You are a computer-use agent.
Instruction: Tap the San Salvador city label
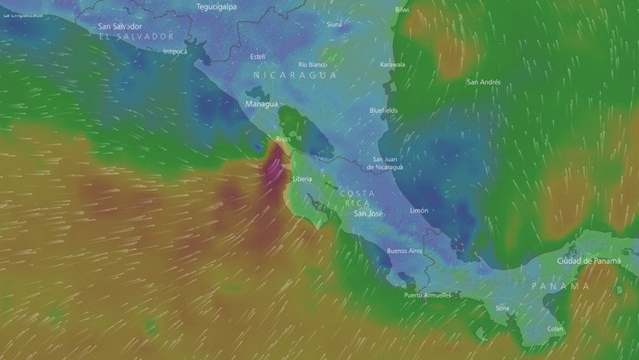(x=120, y=26)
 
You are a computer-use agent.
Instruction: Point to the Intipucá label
(x=175, y=51)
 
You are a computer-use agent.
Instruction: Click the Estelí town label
(x=257, y=56)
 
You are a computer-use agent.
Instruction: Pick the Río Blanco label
(x=312, y=64)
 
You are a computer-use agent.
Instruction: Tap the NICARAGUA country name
(x=295, y=76)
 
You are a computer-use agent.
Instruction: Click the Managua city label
(x=261, y=103)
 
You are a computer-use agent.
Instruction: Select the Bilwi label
(x=402, y=9)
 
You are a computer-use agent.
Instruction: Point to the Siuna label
(x=333, y=24)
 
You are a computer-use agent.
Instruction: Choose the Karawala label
(x=392, y=64)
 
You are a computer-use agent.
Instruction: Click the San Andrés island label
(x=483, y=81)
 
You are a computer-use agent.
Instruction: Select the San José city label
(x=368, y=213)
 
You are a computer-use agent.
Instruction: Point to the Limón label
(x=419, y=210)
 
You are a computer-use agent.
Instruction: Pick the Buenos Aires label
(x=404, y=251)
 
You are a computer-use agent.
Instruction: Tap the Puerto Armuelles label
(x=427, y=295)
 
